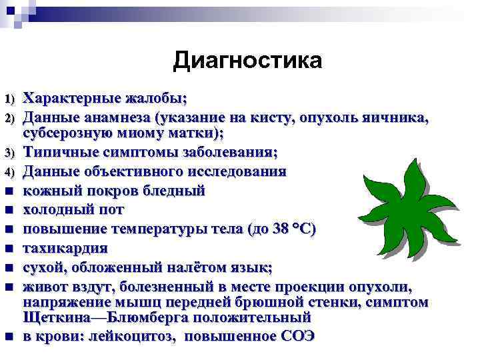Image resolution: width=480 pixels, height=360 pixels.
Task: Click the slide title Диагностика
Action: (x=247, y=61)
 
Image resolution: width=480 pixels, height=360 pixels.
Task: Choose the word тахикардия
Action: (x=65, y=249)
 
